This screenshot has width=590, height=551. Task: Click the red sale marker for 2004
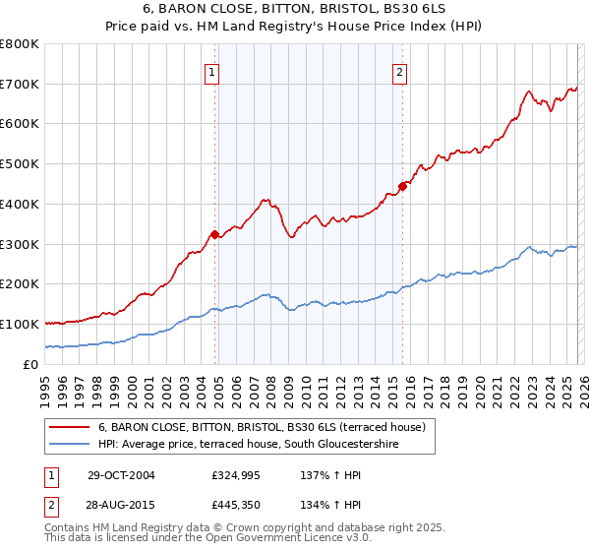coord(214,234)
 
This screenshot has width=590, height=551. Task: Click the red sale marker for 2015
coord(402,186)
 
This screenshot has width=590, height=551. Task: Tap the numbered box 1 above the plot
coord(212,71)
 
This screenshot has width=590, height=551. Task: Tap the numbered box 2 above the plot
coord(400,71)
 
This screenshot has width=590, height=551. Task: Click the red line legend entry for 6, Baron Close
coord(261,427)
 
